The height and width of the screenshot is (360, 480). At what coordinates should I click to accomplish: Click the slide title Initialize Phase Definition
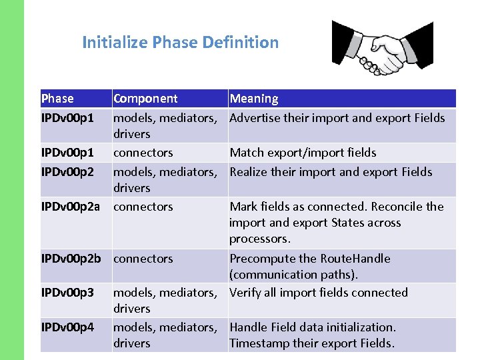tap(180, 43)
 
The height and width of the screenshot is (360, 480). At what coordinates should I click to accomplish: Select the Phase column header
tap(57, 99)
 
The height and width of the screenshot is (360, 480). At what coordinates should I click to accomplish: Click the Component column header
tap(145, 99)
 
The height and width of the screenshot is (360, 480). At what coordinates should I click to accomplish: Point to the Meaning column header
tap(254, 99)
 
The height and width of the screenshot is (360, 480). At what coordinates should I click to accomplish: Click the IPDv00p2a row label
tap(72, 207)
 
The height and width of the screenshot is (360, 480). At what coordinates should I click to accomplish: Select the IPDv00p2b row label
tap(72, 259)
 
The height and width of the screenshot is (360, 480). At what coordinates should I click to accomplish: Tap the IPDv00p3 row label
tap(67, 293)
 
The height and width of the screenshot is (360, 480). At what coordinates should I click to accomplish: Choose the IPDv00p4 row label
tap(67, 327)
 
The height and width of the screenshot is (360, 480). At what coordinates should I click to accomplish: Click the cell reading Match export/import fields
tap(303, 153)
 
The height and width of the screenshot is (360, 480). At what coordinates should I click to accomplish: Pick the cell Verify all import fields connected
tap(318, 293)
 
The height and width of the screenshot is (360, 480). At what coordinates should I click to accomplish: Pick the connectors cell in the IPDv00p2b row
tap(143, 259)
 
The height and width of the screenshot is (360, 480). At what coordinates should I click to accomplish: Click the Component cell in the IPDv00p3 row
tap(165, 300)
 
